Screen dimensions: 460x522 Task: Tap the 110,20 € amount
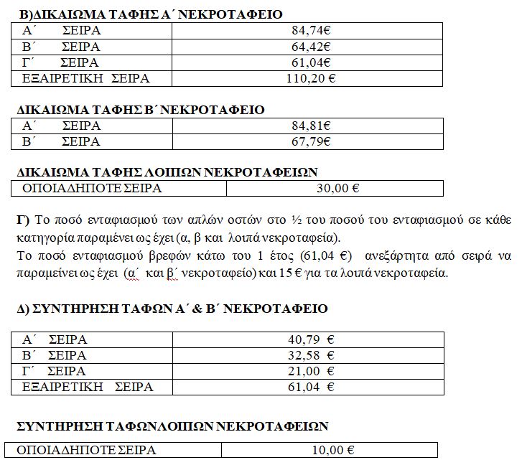[311, 79]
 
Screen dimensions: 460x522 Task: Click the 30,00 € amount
[337, 189]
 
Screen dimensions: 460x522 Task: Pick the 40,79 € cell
[311, 339]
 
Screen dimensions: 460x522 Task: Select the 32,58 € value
[311, 355]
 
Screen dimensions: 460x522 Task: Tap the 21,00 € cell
[311, 371]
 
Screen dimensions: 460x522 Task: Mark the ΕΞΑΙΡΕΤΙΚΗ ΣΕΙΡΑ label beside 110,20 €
[87, 79]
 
